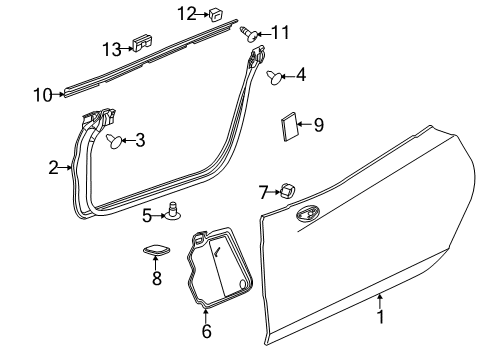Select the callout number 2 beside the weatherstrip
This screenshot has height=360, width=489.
coord(54,168)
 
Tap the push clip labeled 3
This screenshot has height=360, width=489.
coord(116,141)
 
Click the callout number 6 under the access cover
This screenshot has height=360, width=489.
coord(207,331)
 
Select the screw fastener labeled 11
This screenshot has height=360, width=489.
coord(248,33)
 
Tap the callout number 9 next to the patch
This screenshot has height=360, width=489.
coord(319,125)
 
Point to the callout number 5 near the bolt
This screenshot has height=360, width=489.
coord(147,214)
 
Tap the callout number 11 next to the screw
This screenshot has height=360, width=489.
coord(280,33)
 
